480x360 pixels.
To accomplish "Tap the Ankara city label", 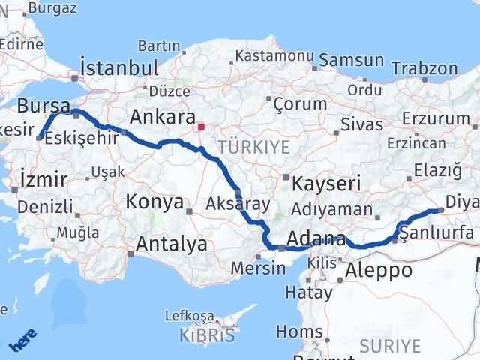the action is coord(162,118).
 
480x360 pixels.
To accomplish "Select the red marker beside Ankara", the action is coord(201,127).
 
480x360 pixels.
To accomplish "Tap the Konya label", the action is coord(155,202).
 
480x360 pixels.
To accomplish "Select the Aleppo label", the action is coord(379,270).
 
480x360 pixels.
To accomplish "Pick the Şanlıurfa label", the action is coord(436,233).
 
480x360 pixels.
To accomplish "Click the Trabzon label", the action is coord(424,68).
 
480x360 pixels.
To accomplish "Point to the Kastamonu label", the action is coord(274,56).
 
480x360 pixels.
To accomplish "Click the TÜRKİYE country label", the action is coord(253,147).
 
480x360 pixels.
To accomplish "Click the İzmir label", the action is coord(43,180).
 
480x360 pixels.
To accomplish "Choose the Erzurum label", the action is coord(435,118).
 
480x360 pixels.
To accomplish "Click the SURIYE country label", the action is coord(390,345).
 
